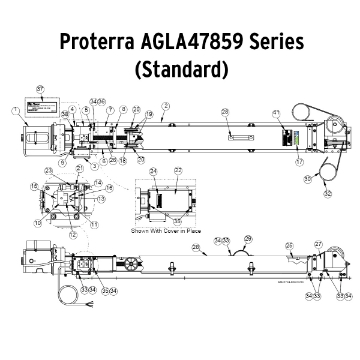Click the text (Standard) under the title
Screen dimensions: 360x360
tap(181, 72)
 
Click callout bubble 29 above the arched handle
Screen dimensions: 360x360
tap(250, 238)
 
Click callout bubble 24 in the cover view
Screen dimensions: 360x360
tap(153, 172)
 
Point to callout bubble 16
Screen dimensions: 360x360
tap(34, 186)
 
